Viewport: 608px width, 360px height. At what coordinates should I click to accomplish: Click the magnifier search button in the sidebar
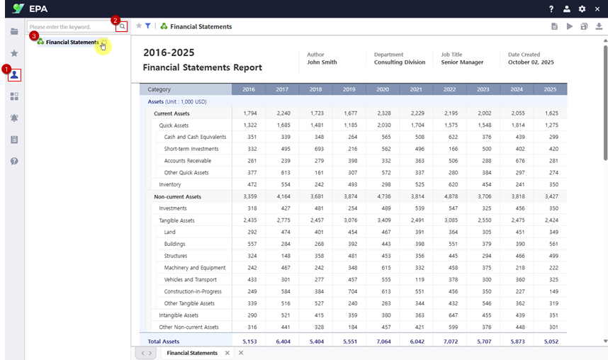click(123, 27)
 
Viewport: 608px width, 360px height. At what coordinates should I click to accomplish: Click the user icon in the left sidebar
click(14, 74)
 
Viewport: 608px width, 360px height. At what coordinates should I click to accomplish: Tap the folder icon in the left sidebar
click(14, 32)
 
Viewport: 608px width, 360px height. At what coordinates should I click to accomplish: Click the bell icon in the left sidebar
click(14, 118)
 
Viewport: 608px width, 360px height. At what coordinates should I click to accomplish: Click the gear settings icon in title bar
click(582, 9)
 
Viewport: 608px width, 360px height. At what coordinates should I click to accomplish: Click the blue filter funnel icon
click(148, 26)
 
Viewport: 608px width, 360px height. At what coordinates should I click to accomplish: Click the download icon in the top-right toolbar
click(599, 26)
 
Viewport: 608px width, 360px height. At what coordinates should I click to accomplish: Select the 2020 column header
click(383, 89)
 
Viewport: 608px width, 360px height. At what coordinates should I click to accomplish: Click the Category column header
click(159, 89)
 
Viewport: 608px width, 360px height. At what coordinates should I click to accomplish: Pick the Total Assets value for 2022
click(450, 341)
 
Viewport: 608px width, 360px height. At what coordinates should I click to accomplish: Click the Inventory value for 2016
click(249, 184)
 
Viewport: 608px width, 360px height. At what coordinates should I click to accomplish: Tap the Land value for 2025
click(551, 232)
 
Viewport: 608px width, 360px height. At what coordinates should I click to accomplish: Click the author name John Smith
click(322, 62)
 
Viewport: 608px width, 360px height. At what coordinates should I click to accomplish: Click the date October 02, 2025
click(531, 62)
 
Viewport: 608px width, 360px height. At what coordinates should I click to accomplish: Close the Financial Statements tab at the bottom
click(227, 353)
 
